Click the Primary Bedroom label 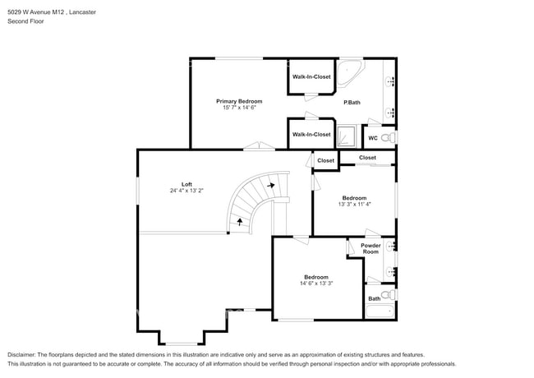[239, 101]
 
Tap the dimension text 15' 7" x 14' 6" [239, 108]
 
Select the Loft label [186, 183]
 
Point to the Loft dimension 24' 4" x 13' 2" [186, 191]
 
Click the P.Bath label [352, 102]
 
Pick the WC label [372, 137]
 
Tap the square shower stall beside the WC [348, 136]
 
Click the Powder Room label [371, 248]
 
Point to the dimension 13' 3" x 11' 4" [354, 205]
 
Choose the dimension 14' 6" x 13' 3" [316, 283]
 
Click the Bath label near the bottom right [374, 298]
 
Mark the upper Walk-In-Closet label [311, 76]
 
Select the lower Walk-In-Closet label [311, 134]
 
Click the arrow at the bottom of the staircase [240, 220]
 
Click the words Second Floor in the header [25, 21]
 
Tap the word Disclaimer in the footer [22, 354]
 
